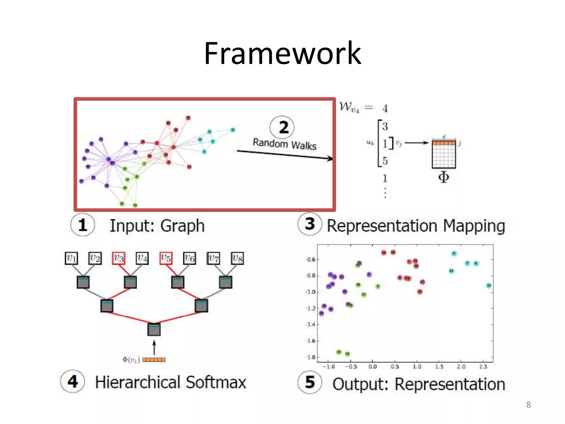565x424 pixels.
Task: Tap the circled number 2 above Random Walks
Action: (x=282, y=127)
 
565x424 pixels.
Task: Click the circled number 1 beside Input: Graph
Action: (x=82, y=225)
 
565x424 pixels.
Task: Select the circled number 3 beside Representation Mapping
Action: (x=310, y=224)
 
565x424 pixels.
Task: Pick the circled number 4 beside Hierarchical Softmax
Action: (x=73, y=381)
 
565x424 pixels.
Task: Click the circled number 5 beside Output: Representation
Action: (x=310, y=382)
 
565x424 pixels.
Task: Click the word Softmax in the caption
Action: (x=216, y=382)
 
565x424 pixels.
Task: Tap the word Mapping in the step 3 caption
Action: (x=474, y=226)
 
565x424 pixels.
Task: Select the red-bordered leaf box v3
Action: (x=119, y=258)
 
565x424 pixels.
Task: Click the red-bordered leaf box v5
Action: (x=166, y=258)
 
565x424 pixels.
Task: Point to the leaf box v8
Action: (x=237, y=258)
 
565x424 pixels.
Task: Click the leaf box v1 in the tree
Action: (x=71, y=258)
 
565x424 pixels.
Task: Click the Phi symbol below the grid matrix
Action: (x=444, y=177)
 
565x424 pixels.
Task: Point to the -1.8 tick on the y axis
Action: (x=311, y=357)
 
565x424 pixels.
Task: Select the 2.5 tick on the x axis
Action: (x=483, y=367)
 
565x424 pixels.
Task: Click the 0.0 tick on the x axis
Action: (x=372, y=367)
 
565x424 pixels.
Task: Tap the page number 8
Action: (x=528, y=405)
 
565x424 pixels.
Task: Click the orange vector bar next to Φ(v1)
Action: (x=154, y=360)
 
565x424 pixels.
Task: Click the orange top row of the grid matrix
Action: (x=444, y=143)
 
